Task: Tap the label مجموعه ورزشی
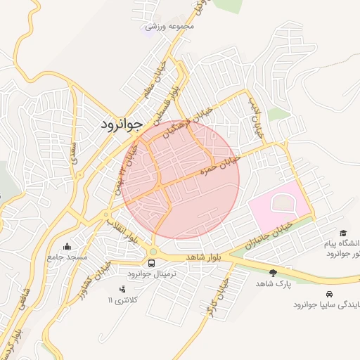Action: [x=169, y=26]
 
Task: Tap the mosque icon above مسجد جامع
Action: [x=67, y=246]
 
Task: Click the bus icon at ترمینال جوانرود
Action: [x=153, y=264]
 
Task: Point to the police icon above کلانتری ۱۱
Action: [x=122, y=289]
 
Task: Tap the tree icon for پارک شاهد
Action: [x=273, y=271]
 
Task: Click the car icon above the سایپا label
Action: [x=329, y=293]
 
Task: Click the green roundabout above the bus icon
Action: [x=153, y=251]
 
